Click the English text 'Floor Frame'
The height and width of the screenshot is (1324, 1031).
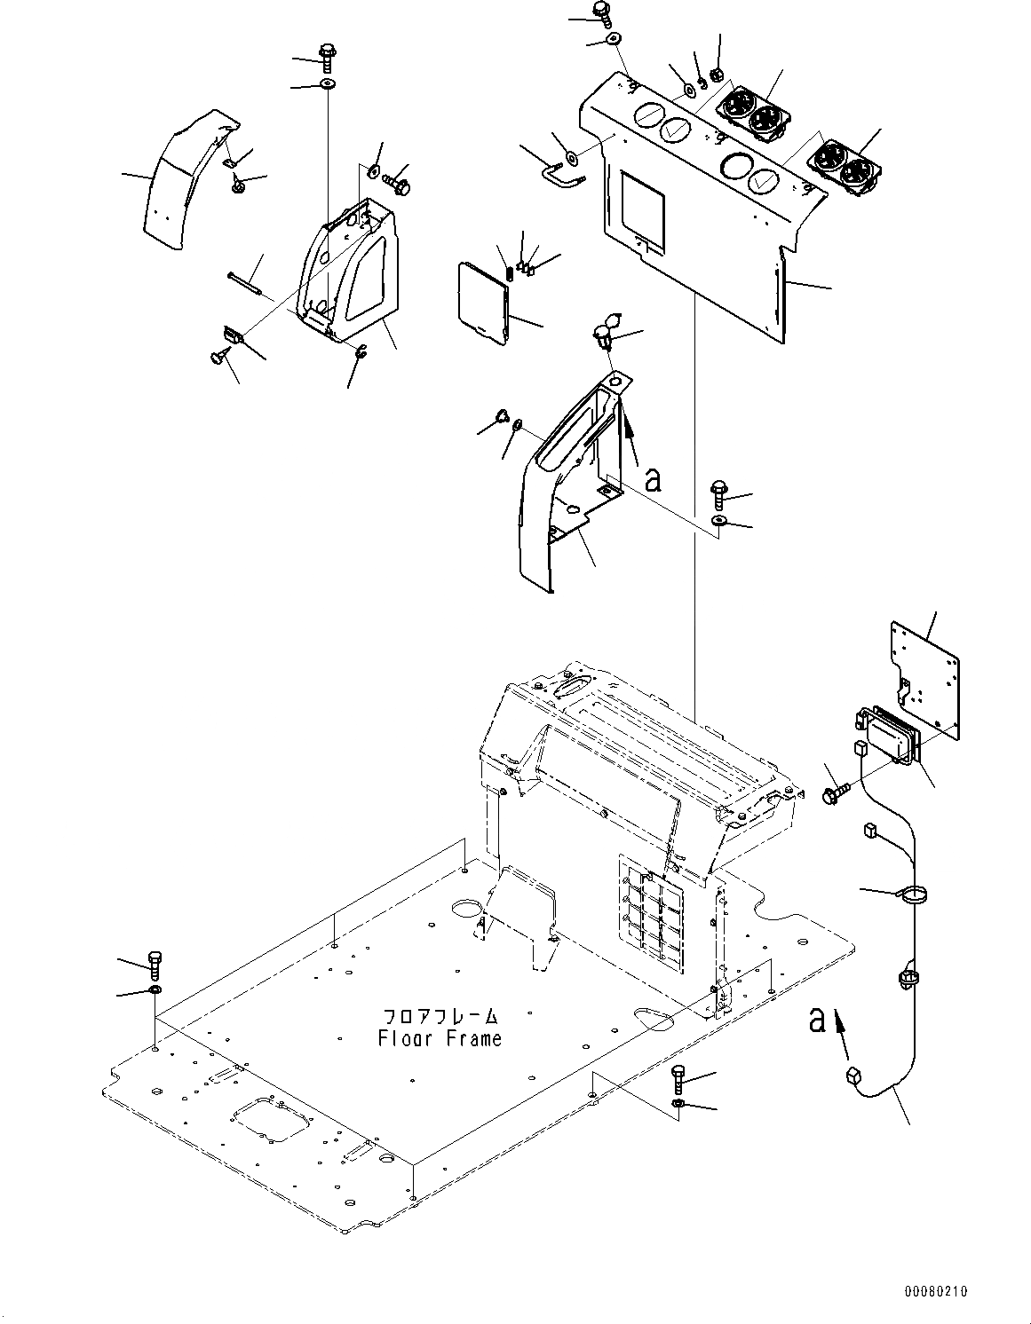[x=440, y=1037]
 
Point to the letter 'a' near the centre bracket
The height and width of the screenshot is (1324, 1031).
[x=653, y=480]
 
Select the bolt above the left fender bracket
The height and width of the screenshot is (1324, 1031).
[x=326, y=57]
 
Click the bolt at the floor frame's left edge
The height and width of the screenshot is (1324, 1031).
[x=156, y=962]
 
